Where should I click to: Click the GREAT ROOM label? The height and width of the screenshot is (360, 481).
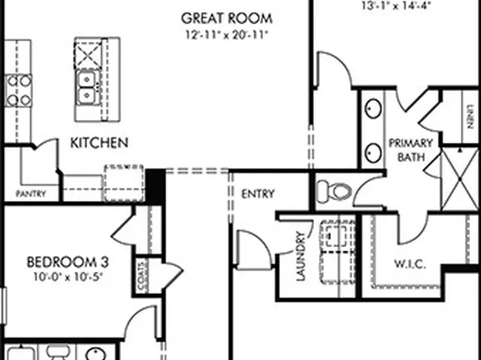[x=226, y=17]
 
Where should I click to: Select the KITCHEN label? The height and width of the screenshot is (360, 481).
[x=99, y=143]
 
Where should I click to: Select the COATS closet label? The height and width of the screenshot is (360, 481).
[x=141, y=274]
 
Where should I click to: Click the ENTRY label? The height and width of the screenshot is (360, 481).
[x=257, y=194]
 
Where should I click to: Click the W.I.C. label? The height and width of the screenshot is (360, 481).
[x=409, y=265]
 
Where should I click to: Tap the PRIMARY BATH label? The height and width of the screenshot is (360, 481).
[x=411, y=151]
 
